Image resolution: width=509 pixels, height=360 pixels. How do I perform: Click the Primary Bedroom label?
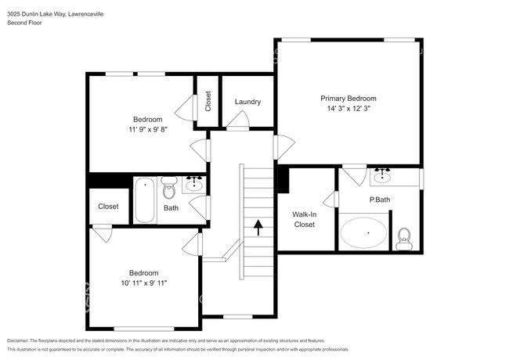[348, 99]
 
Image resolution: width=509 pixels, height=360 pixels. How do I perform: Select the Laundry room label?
[247, 103]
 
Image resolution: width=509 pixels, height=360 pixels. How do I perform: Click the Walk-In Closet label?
[304, 219]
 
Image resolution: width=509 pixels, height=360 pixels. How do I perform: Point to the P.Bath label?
[380, 200]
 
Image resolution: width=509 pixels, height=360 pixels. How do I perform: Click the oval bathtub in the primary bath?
[363, 233]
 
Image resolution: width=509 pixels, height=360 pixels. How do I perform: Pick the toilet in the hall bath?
[169, 189]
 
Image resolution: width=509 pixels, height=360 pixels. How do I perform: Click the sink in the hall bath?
[194, 185]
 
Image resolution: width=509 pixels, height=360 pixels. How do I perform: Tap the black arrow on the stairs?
[258, 227]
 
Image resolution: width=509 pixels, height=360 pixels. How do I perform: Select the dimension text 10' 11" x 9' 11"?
[143, 283]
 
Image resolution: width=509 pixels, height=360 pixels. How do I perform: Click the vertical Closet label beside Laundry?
[208, 102]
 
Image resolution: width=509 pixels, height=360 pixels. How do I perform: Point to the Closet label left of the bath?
[108, 207]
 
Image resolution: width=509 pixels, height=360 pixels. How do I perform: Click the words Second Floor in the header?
[24, 23]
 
